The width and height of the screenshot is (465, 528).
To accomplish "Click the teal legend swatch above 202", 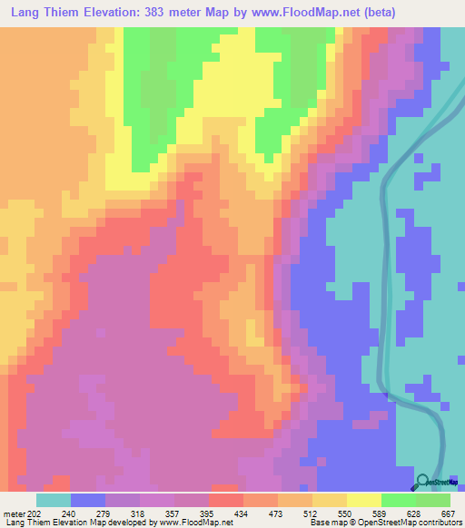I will tap(54, 500).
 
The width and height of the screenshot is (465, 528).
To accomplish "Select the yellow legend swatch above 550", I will tap(363, 500).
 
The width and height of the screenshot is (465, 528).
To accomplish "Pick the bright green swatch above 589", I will tap(398, 500).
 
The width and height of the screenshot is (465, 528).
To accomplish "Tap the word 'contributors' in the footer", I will tap(436, 523).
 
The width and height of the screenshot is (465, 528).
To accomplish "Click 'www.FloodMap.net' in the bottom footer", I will tap(194, 523).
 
